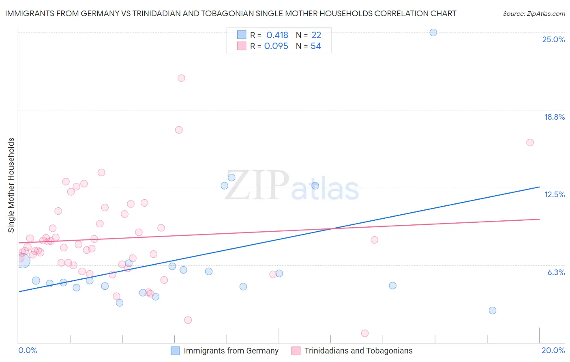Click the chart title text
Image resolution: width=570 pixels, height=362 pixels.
coord(231,13)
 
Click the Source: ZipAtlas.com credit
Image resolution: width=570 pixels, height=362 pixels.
coord(534,13)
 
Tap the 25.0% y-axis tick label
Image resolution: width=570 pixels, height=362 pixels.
coord(553,39)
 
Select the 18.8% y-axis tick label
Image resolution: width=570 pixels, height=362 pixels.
coord(554,117)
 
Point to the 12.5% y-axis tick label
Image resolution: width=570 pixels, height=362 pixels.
coord(554,194)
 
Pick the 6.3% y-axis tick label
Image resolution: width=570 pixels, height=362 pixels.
coord(556,272)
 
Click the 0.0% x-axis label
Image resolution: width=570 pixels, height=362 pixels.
coord(28,350)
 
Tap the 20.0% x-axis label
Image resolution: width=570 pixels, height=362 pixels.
coord(553,350)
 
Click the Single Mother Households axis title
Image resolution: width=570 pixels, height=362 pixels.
coord(11,185)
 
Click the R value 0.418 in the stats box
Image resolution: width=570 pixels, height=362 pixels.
coord(277,35)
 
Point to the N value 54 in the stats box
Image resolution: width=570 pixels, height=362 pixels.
coord(316,46)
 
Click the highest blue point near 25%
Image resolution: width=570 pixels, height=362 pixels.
coord(433,32)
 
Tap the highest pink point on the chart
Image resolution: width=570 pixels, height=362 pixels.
coord(181,78)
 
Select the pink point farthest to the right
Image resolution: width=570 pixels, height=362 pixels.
coord(530,142)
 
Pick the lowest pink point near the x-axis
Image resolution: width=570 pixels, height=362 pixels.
coord(364,333)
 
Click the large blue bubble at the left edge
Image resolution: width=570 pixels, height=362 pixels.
coord(23,260)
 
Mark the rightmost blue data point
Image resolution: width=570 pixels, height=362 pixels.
coord(492,310)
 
